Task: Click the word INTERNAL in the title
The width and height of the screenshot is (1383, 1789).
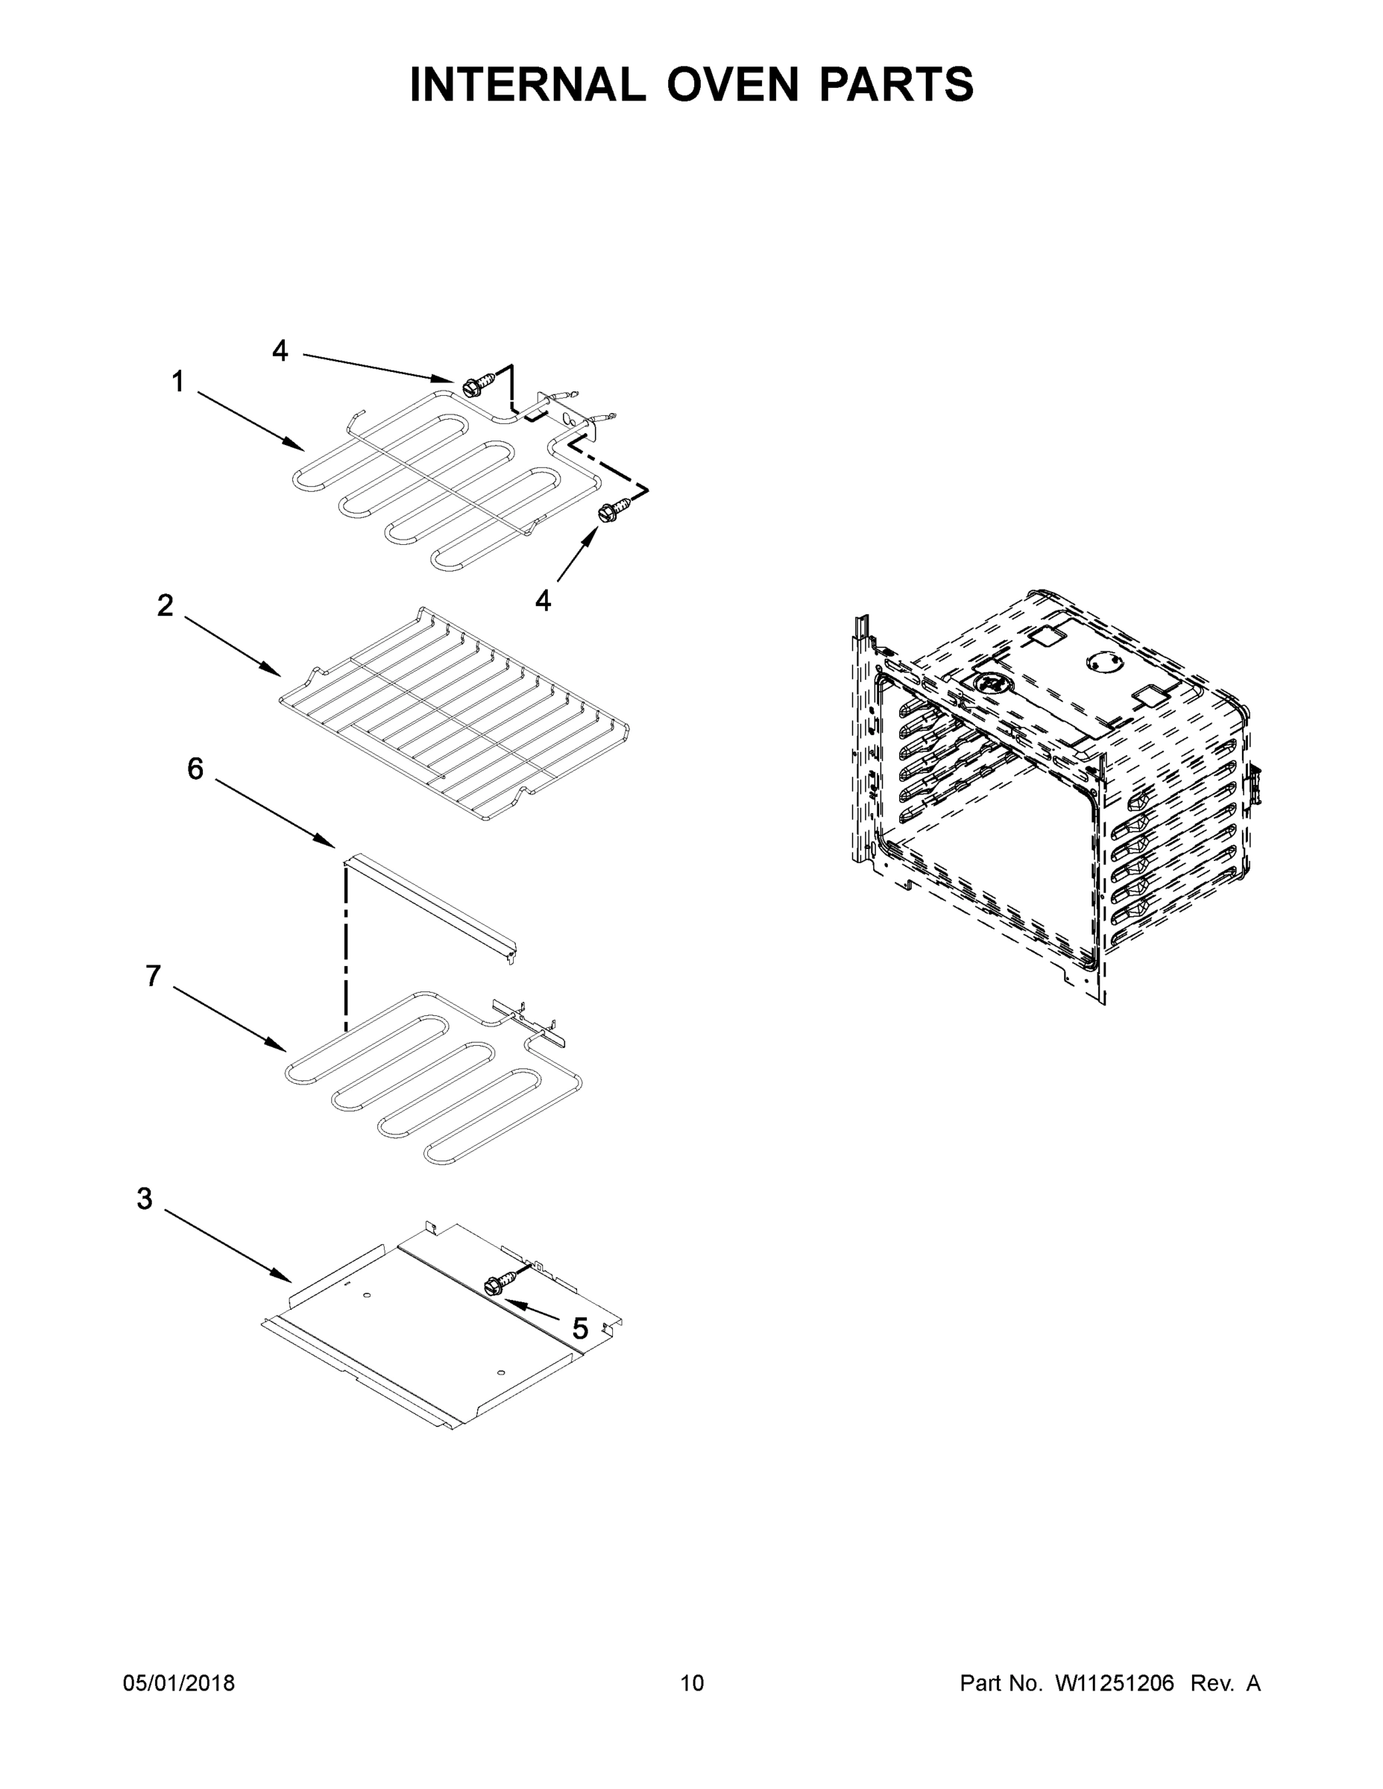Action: pyautogui.click(x=527, y=84)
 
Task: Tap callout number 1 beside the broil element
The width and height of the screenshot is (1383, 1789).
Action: pyautogui.click(x=177, y=382)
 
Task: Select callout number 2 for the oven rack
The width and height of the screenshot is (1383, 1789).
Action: pyautogui.click(x=166, y=606)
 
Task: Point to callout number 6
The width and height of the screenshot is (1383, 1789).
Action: pyautogui.click(x=195, y=769)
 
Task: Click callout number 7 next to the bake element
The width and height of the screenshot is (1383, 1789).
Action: pyautogui.click(x=154, y=976)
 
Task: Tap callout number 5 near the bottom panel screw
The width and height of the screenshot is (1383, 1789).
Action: pyautogui.click(x=580, y=1328)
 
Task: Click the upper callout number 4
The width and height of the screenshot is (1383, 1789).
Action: pyautogui.click(x=280, y=351)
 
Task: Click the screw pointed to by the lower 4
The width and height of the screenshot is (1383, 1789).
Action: pyautogui.click(x=614, y=508)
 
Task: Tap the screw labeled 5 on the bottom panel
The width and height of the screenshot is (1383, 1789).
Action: pyautogui.click(x=500, y=1284)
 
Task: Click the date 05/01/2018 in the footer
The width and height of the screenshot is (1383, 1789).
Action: pyautogui.click(x=179, y=1682)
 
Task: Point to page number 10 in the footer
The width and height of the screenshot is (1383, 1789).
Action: pyautogui.click(x=692, y=1682)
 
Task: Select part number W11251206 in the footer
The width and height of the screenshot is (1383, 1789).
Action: pyautogui.click(x=1115, y=1682)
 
